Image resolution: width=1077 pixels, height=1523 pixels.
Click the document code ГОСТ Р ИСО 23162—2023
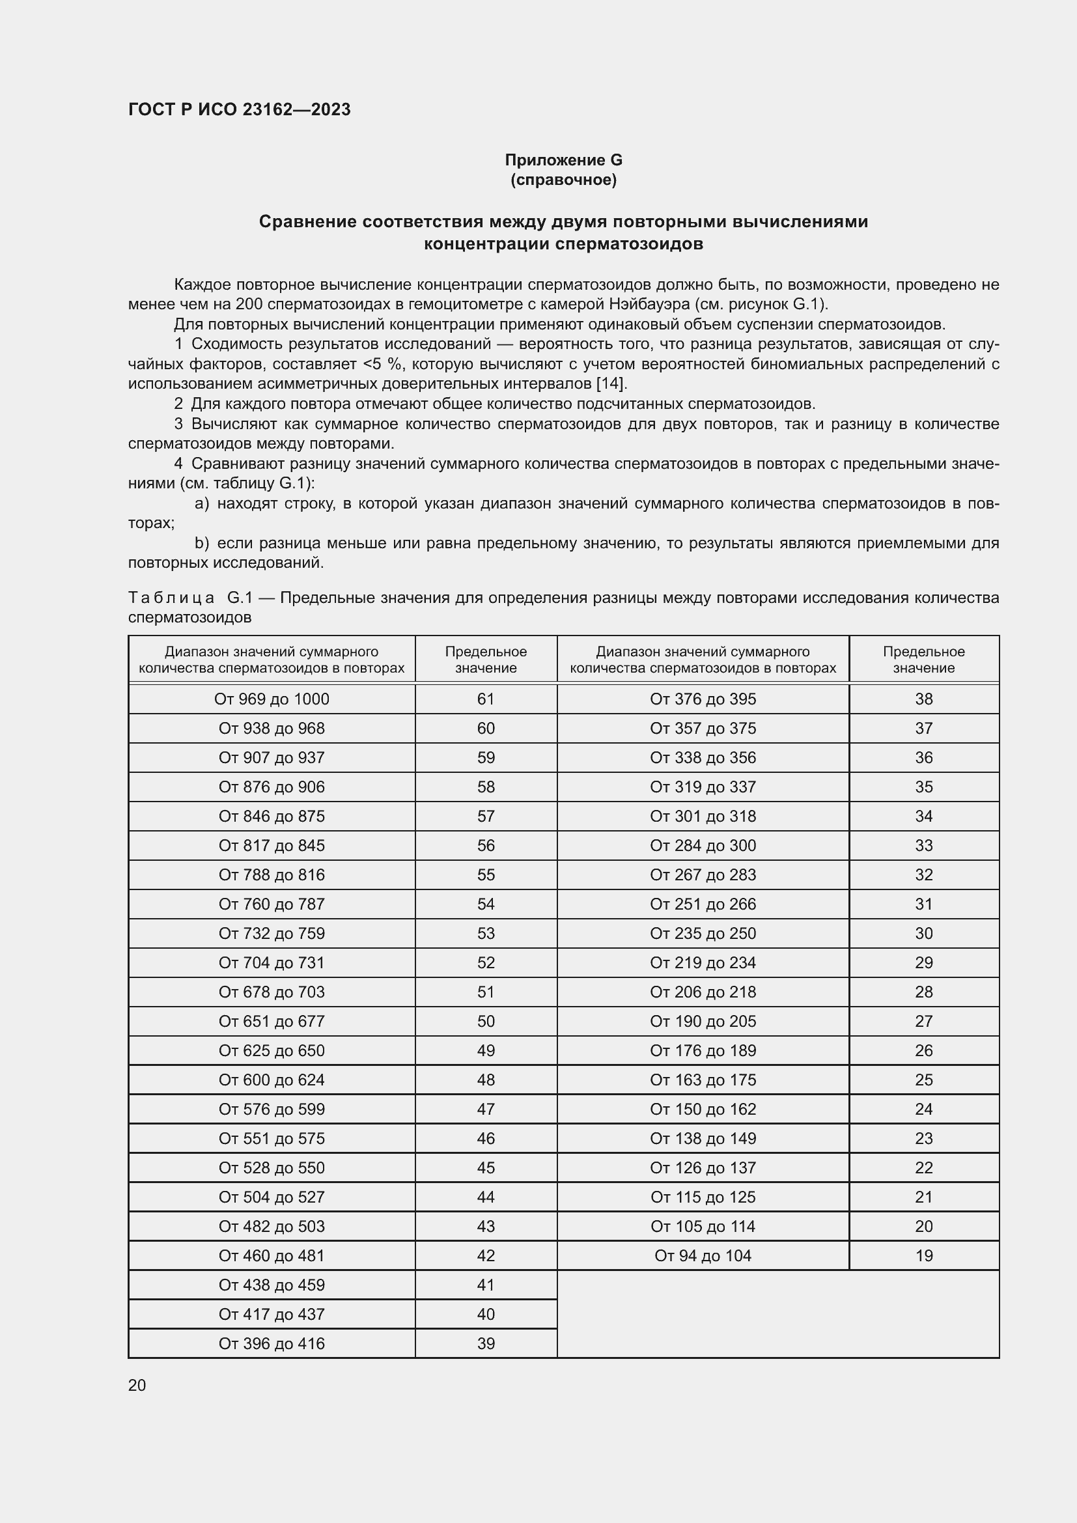click(x=240, y=109)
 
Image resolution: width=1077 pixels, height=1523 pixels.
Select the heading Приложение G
click(x=563, y=160)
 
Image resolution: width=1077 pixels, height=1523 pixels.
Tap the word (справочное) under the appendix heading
click(x=563, y=180)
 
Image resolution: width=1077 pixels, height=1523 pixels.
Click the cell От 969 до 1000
click(x=272, y=699)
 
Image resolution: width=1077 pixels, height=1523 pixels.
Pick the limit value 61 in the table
click(x=486, y=699)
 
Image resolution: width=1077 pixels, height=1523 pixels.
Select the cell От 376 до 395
click(x=703, y=699)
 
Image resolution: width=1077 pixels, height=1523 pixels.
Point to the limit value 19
click(x=923, y=1255)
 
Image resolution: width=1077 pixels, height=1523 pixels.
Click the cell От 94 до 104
click(x=703, y=1255)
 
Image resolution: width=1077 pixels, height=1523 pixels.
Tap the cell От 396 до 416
click(x=272, y=1343)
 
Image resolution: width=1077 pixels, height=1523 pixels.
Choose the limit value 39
click(x=486, y=1343)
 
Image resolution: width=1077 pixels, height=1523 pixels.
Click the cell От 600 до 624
click(x=272, y=1080)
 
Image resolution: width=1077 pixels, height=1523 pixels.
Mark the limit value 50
click(x=486, y=1022)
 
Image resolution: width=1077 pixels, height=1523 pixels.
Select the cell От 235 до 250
click(x=703, y=933)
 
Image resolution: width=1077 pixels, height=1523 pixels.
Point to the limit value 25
click(x=923, y=1080)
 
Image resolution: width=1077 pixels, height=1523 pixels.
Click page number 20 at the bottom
click(x=137, y=1386)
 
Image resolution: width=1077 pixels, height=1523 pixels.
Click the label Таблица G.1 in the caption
click(x=190, y=598)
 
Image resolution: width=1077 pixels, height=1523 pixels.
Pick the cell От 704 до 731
click(x=272, y=962)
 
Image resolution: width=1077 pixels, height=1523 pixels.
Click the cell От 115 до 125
click(x=703, y=1197)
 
